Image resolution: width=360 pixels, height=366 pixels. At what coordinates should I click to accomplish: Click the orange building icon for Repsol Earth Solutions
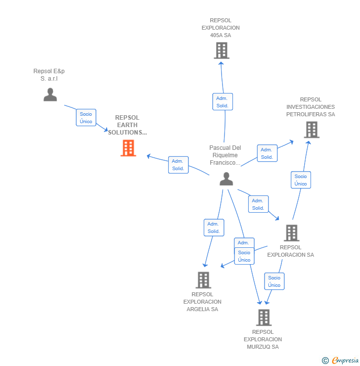128,148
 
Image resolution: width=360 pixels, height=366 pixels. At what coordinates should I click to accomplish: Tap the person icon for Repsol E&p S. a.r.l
50,94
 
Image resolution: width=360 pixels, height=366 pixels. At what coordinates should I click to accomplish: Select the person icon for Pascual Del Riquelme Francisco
226,179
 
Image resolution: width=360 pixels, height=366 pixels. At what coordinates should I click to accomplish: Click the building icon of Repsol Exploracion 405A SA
221,50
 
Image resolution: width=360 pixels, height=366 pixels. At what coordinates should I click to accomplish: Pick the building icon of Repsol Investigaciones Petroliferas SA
311,130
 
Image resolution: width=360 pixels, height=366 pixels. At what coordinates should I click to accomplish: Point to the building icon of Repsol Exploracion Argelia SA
203,280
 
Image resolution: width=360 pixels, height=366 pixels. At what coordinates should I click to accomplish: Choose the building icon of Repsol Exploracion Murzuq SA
264,317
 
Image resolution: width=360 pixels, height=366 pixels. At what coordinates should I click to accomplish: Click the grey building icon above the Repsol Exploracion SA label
291,233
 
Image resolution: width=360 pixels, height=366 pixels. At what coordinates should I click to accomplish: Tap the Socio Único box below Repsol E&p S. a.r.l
86,118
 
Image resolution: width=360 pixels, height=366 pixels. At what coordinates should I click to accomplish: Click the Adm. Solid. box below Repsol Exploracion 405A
222,102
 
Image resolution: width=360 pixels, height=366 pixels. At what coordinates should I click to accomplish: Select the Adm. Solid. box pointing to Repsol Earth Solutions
178,165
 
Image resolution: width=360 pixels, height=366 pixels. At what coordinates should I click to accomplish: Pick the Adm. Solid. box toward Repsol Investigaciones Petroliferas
267,153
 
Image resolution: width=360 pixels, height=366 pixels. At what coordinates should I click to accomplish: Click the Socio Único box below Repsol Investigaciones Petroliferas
301,180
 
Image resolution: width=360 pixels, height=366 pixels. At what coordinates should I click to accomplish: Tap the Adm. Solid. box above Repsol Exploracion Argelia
214,228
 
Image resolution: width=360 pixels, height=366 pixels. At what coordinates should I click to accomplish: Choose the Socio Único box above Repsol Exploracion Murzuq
274,281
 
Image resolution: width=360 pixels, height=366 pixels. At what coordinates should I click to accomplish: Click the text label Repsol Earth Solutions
128,125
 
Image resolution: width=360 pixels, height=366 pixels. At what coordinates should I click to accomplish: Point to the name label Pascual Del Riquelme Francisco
225,155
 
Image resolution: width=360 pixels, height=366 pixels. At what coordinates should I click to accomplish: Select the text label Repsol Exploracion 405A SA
221,28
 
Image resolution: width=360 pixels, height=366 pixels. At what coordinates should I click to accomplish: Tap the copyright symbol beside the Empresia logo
325,361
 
